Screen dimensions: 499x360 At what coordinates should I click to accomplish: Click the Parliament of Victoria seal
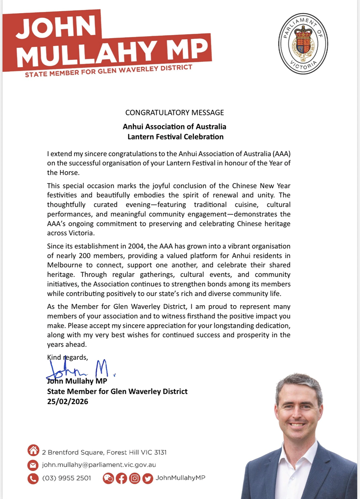coord(303,44)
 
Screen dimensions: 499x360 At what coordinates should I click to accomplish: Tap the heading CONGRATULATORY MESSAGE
coord(175,113)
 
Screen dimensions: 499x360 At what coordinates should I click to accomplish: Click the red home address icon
coord(33,450)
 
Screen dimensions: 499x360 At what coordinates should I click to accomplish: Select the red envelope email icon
coord(33,465)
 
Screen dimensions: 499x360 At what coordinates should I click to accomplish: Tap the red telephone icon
coord(33,478)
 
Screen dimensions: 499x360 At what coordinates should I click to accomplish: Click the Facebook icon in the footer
coord(121,478)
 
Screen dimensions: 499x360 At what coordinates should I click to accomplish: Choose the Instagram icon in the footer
coord(135,478)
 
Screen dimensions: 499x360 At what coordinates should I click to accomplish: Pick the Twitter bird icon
coord(148,478)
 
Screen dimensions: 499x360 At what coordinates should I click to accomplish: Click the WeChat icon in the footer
coord(108,478)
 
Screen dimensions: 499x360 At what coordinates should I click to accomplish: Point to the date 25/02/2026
coord(67,401)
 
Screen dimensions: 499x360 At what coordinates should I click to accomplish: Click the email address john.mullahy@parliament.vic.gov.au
coord(99,465)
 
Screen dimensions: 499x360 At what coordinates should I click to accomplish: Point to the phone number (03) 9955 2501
coord(67,478)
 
